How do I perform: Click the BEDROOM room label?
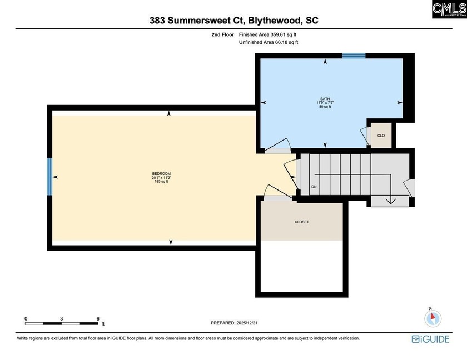point(161,174)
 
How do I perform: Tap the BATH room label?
point(325,99)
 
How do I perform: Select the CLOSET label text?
point(301,222)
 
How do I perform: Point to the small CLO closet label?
point(381,136)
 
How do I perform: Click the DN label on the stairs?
point(314,187)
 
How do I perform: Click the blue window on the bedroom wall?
point(49,176)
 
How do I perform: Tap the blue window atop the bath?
point(354,55)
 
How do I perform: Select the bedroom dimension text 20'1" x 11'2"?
point(161,178)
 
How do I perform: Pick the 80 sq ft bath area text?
point(325,107)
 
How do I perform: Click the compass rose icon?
point(433,318)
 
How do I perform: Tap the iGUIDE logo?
point(430,339)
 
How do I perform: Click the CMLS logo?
point(449,9)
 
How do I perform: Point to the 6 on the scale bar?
point(98,318)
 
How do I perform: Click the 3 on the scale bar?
point(62,318)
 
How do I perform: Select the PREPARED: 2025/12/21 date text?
point(235,323)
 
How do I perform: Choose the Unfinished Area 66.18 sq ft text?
point(269,42)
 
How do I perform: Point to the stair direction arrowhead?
point(391,201)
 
